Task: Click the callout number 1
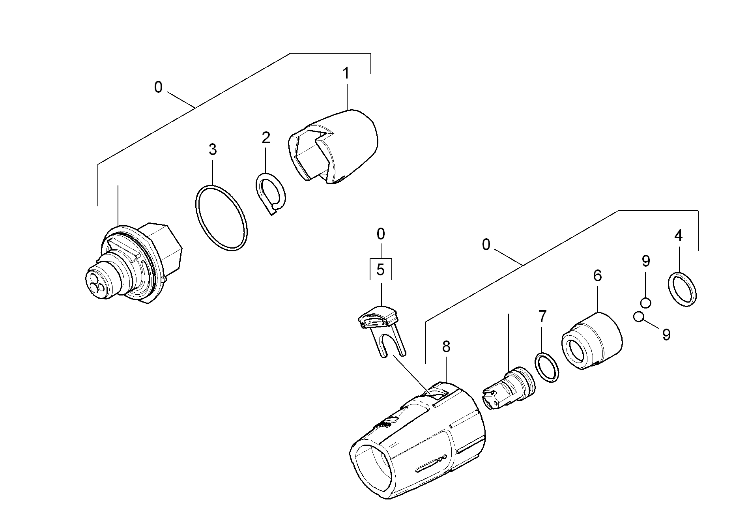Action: [346, 74]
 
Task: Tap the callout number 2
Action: [266, 138]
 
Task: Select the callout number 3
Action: [213, 150]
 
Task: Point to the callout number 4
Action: [678, 236]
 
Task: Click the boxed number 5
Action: [380, 269]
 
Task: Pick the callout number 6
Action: [597, 276]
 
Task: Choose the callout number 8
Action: [446, 347]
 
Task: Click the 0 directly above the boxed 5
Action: [380, 234]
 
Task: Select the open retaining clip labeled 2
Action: [271, 193]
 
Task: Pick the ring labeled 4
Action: [682, 288]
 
